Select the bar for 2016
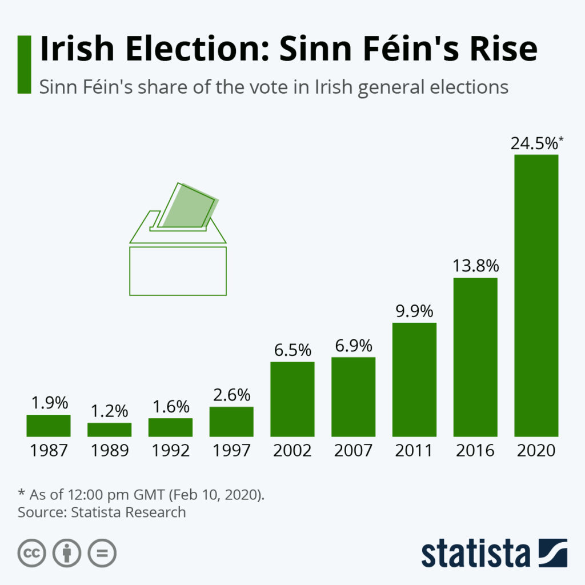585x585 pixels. pyautogui.click(x=475, y=357)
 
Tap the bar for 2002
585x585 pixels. pyautogui.click(x=292, y=399)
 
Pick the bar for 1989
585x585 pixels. pyautogui.click(x=109, y=430)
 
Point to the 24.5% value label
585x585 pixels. pyautogui.click(x=534, y=144)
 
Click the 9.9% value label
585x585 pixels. pyautogui.click(x=414, y=312)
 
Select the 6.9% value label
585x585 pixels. pyautogui.click(x=353, y=346)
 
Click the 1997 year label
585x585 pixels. pyautogui.click(x=231, y=450)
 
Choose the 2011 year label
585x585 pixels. pyautogui.click(x=414, y=450)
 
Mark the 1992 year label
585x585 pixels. pyautogui.click(x=170, y=450)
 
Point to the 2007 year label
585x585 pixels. pyautogui.click(x=353, y=450)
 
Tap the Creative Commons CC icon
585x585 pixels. pyautogui.click(x=32, y=553)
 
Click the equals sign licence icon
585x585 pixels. pyautogui.click(x=102, y=553)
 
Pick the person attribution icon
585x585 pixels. pyautogui.click(x=67, y=553)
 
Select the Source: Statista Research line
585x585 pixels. pyautogui.click(x=102, y=512)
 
